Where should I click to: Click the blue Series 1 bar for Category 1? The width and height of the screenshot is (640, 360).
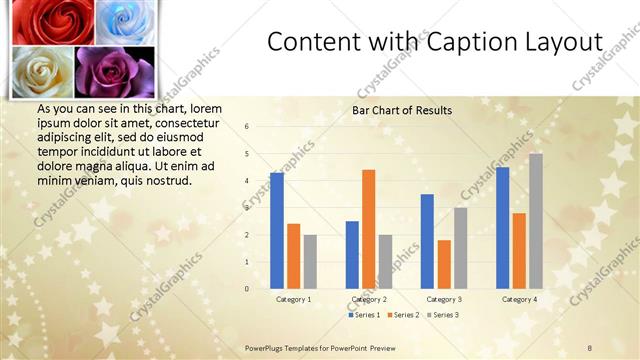coord(277,231)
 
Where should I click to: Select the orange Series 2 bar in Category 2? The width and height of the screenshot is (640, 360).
coord(368,229)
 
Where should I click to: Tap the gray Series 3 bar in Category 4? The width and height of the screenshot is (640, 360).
coord(536,221)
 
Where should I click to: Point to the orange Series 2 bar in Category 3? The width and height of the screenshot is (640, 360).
coord(444,264)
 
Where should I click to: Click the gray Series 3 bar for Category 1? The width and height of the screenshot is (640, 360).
coord(310,262)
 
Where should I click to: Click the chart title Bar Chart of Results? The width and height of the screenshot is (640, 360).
coord(402,110)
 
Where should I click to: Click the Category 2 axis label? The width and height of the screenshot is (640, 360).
coord(369,299)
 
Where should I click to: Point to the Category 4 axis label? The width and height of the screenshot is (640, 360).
coord(519,299)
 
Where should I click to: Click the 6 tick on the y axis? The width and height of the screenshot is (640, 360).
coord(247,127)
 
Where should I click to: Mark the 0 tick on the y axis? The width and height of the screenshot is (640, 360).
coord(247,289)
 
